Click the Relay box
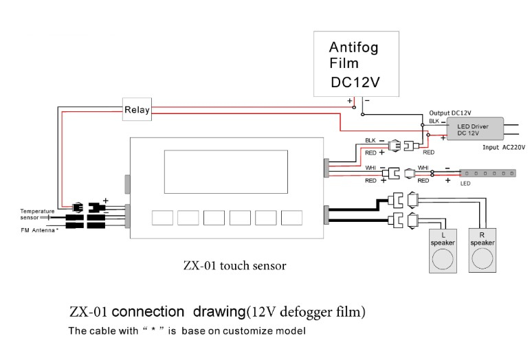(137, 109)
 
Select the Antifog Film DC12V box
(356, 64)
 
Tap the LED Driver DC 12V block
(475, 128)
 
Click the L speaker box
(443, 251)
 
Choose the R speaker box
(482, 251)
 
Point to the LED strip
(487, 173)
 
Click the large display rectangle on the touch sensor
(226, 172)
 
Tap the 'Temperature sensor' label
(37, 214)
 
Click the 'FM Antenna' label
(39, 230)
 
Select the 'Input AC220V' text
(504, 148)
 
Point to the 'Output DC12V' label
(450, 113)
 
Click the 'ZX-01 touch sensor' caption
(234, 265)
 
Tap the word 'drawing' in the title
(219, 311)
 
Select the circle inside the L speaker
(443, 259)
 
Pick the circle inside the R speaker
(482, 258)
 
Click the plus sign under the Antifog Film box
(349, 101)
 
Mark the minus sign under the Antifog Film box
(367, 100)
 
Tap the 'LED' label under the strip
(465, 183)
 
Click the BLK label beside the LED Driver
(434, 121)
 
